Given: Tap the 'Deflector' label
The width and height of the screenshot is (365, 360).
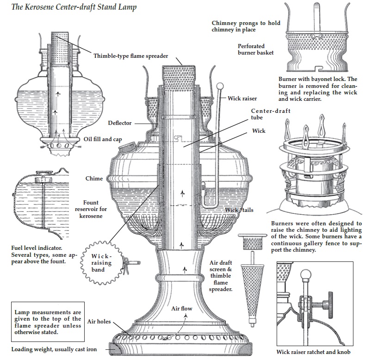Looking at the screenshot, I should click(120, 123).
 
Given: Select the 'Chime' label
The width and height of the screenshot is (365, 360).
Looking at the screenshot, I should click(94, 179).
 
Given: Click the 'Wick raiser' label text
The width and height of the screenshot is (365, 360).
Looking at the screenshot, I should click(242, 99).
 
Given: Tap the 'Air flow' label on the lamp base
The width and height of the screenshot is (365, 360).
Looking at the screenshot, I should click(182, 309).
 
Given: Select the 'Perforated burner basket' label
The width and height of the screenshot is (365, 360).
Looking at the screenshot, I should click(256, 50).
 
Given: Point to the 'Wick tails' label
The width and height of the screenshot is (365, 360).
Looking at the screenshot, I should click(239, 210).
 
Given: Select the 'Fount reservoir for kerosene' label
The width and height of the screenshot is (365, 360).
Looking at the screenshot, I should click(95, 209).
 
